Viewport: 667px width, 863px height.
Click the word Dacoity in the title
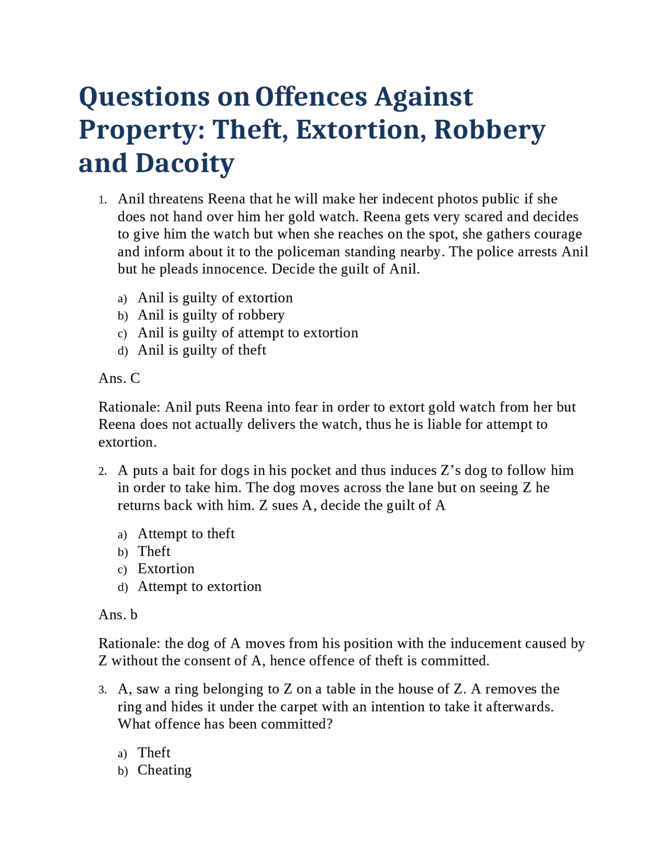[x=185, y=163]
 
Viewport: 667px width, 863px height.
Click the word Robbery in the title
[x=489, y=130]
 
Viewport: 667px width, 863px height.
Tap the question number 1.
[x=103, y=200]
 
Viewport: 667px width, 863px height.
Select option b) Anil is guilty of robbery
[x=211, y=315]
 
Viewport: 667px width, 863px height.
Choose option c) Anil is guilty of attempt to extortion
[x=248, y=333]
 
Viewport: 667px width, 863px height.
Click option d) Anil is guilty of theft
[x=202, y=350]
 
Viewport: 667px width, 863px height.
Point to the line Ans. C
[x=119, y=378]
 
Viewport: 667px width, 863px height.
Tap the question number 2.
[x=103, y=472]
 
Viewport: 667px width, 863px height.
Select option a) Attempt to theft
[x=186, y=534]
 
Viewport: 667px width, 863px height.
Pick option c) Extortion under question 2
[x=166, y=569]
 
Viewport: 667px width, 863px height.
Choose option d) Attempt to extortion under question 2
[x=199, y=586]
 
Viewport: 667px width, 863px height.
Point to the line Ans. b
[x=118, y=615]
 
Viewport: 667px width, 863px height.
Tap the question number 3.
[x=103, y=691]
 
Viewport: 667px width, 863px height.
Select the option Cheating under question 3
[x=164, y=770]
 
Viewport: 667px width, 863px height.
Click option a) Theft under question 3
[x=154, y=753]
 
